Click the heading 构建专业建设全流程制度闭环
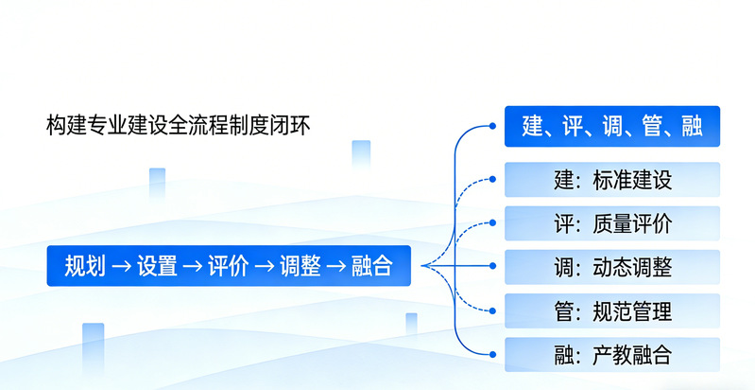(179, 125)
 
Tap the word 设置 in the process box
(157, 266)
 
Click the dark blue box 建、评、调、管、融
(612, 126)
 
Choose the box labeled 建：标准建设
(612, 180)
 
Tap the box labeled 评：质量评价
(612, 223)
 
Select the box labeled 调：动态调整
(612, 267)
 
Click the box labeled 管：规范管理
(612, 310)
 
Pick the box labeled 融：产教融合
(612, 354)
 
